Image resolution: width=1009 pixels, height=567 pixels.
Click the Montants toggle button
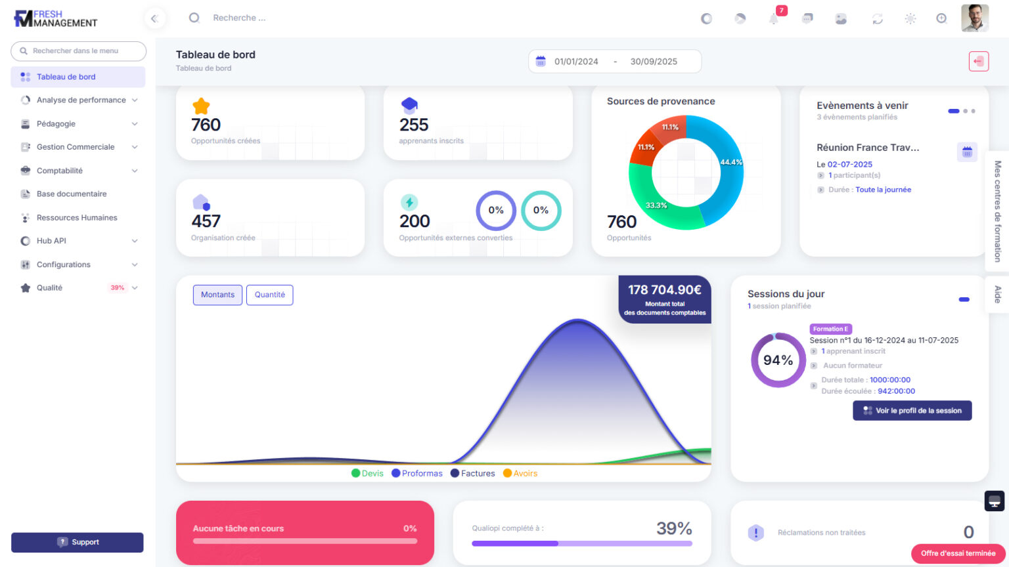pos(217,295)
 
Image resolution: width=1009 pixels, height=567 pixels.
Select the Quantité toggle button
pos(269,295)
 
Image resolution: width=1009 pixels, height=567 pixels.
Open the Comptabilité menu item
pos(60,171)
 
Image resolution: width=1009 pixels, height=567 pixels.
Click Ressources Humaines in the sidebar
pos(77,218)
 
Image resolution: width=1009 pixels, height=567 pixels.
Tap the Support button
pos(78,542)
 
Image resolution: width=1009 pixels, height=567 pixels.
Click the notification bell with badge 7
pos(774,18)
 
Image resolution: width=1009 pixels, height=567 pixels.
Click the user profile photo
pos(974,18)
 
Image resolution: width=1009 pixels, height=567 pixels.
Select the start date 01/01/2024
pos(576,62)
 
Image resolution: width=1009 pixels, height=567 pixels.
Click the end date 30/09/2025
pos(654,62)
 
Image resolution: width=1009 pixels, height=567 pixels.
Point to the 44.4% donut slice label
pos(730,162)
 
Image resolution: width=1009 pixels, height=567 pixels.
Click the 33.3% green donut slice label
pos(656,205)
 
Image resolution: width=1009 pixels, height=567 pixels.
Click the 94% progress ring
pos(778,360)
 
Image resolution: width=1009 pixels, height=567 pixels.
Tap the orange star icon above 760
pos(201,106)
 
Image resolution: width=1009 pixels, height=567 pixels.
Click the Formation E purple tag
pos(830,329)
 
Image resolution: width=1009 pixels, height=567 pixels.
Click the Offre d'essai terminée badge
pos(958,553)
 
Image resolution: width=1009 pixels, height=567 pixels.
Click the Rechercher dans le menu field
pos(79,51)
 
